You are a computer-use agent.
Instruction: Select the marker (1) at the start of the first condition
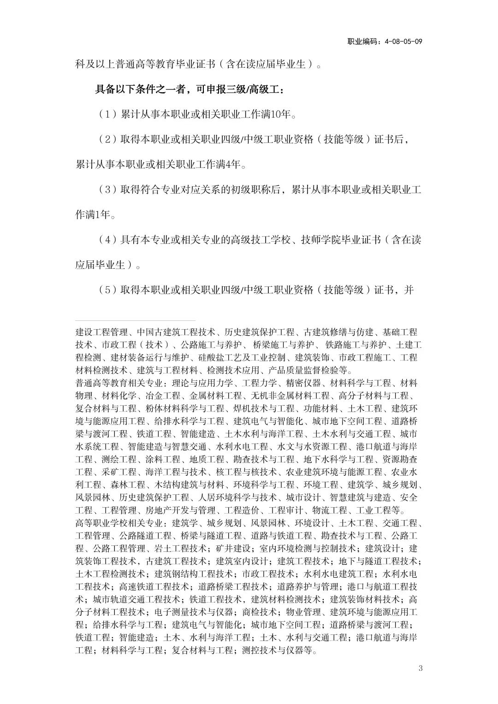point(107,114)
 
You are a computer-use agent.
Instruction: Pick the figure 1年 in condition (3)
point(104,215)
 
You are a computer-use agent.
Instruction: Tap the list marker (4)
point(107,240)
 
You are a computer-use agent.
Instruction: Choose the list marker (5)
point(107,290)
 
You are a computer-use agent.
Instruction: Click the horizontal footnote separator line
point(136,320)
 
